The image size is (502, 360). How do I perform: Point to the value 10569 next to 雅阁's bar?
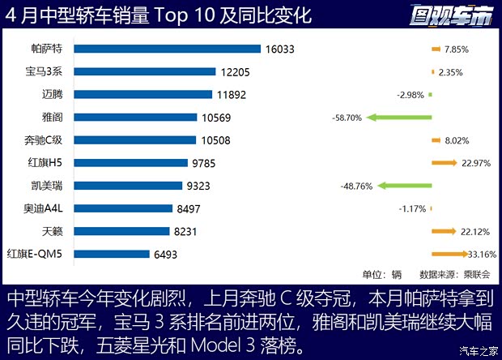click(x=216, y=118)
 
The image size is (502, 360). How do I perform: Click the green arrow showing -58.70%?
click(x=396, y=118)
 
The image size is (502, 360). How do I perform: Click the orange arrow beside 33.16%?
click(x=445, y=254)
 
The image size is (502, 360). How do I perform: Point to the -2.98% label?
click(x=411, y=95)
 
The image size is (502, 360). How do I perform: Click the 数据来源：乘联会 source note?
click(x=449, y=274)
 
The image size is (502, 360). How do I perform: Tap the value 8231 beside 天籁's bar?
click(x=186, y=231)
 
